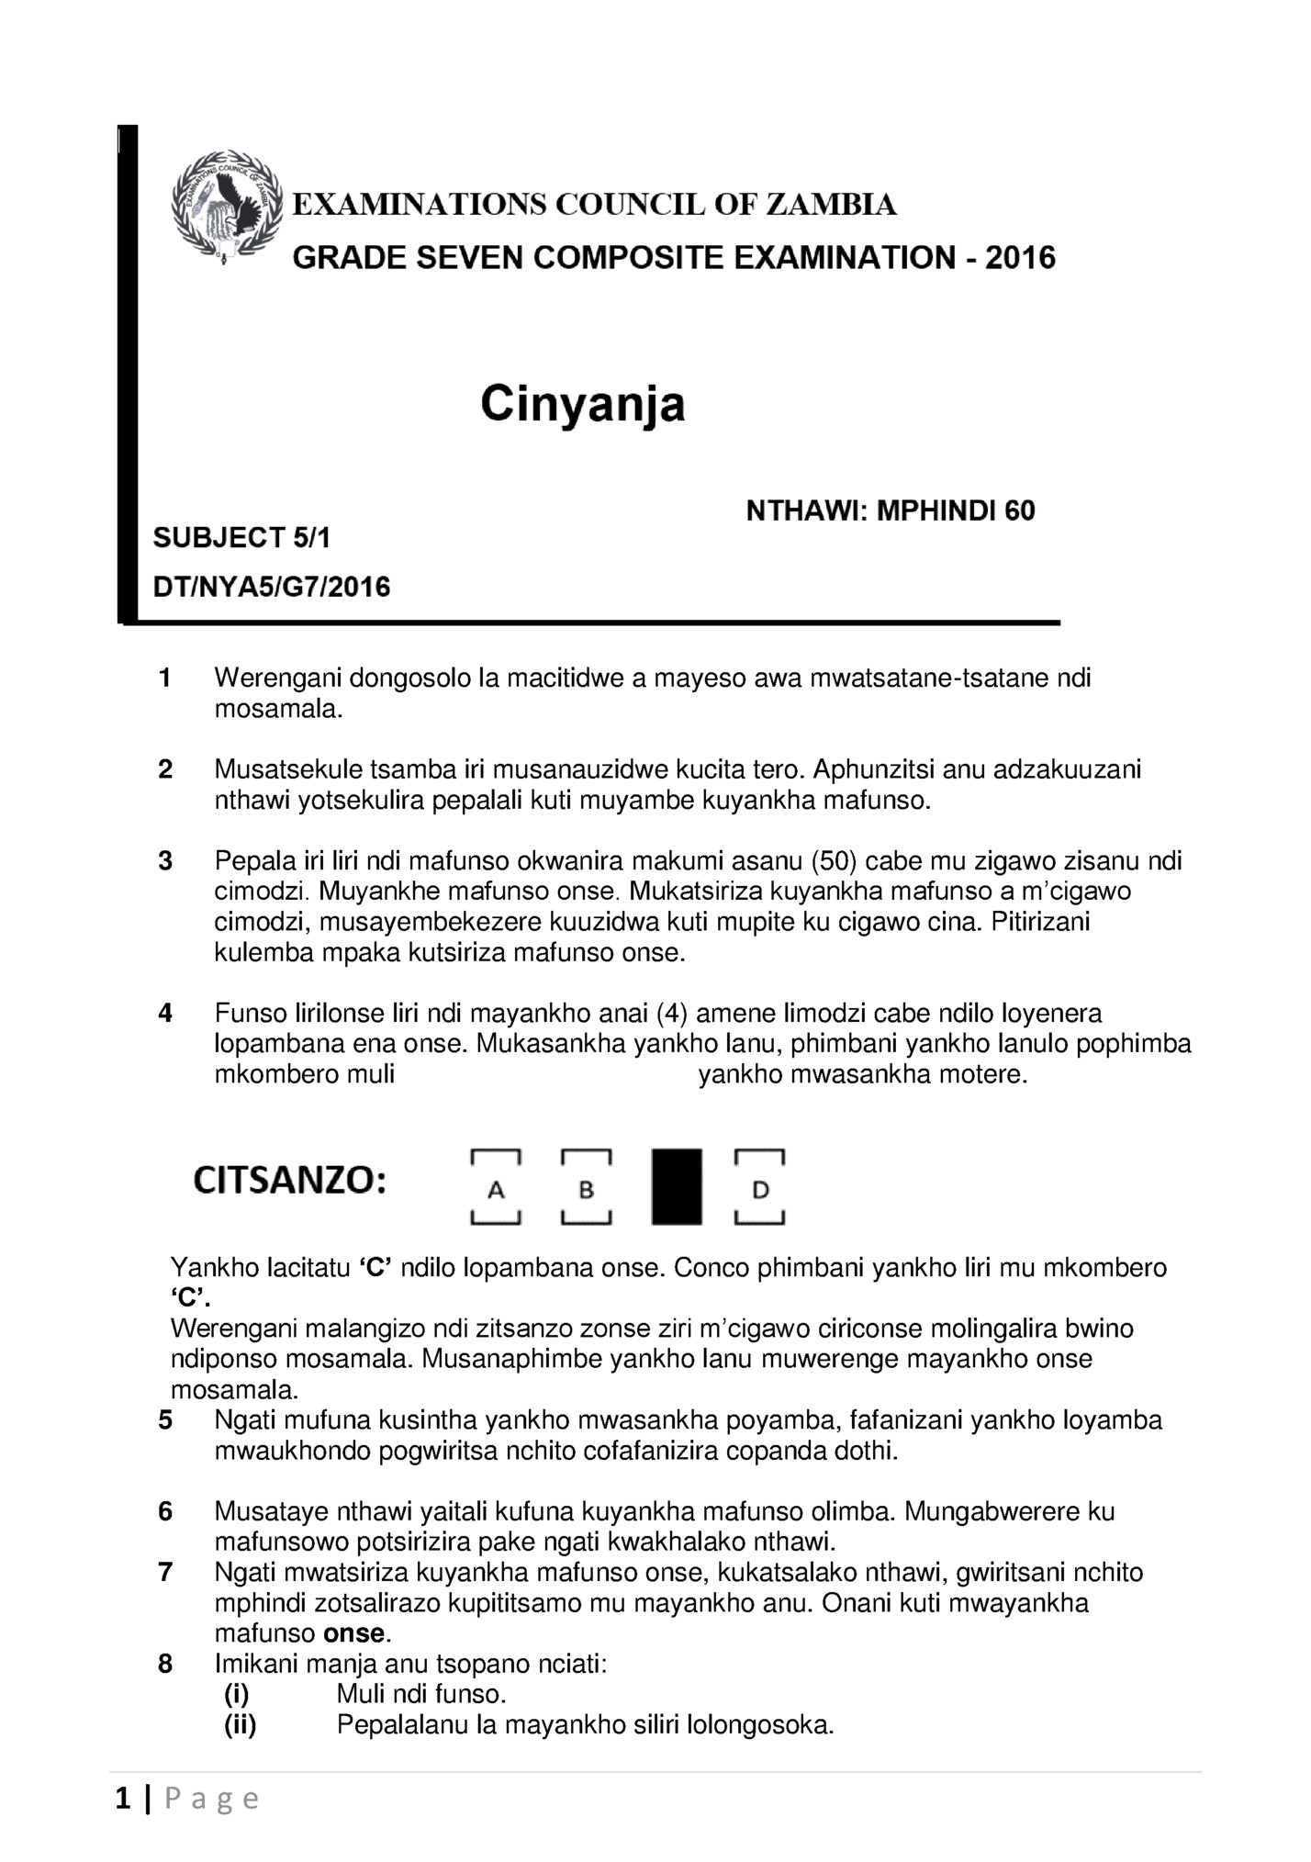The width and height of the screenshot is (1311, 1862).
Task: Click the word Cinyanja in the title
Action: pyautogui.click(x=583, y=405)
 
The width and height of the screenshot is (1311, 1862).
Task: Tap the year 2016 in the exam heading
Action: pyautogui.click(x=1020, y=258)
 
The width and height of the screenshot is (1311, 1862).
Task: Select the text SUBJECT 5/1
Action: pyautogui.click(x=241, y=538)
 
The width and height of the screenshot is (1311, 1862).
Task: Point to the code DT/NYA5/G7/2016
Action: pyautogui.click(x=272, y=587)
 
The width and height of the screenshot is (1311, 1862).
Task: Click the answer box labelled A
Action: pyautogui.click(x=496, y=1187)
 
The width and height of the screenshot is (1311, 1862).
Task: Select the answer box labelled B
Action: pyautogui.click(x=586, y=1187)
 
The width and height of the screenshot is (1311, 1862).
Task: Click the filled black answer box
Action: pyautogui.click(x=677, y=1187)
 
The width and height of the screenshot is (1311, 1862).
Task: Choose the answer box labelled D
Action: pyautogui.click(x=759, y=1187)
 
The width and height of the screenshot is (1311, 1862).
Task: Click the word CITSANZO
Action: pyautogui.click(x=289, y=1181)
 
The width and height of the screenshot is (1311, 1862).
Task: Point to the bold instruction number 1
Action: pyautogui.click(x=165, y=679)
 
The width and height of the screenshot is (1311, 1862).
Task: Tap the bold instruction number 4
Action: pyautogui.click(x=165, y=1014)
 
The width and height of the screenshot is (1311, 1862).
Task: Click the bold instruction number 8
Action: pyautogui.click(x=165, y=1664)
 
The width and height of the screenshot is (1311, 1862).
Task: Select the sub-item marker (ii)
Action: pyautogui.click(x=241, y=1725)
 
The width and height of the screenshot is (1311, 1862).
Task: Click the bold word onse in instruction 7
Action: pyautogui.click(x=353, y=1633)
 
